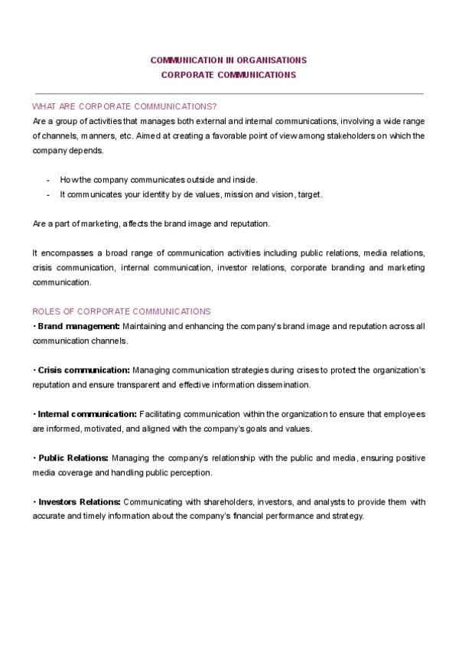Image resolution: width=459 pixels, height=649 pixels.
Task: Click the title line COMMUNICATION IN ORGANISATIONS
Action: click(229, 59)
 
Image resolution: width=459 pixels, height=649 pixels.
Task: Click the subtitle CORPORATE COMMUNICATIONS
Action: click(229, 75)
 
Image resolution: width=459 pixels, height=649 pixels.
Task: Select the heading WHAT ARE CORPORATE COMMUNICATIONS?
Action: click(125, 106)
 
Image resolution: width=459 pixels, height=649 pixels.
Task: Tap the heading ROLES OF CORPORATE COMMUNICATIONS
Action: click(122, 311)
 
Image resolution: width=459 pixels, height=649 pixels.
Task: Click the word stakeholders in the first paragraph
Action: click(334, 135)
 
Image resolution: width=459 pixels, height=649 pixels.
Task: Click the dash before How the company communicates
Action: click(48, 180)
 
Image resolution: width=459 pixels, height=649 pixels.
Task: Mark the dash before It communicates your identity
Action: click(48, 194)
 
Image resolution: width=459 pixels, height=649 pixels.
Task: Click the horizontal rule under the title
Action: click(229, 93)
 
